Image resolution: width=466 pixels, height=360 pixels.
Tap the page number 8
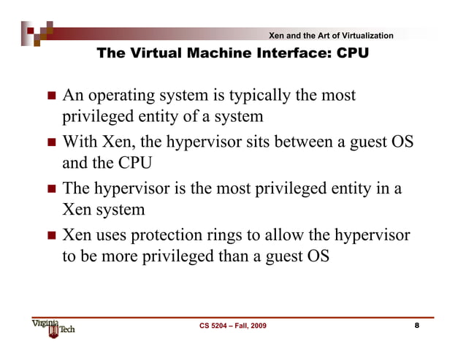[417, 326]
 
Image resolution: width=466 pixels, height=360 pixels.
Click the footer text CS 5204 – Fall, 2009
[233, 326]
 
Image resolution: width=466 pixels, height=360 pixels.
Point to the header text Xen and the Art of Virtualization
[331, 36]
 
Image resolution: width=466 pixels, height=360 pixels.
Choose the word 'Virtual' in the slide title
[151, 53]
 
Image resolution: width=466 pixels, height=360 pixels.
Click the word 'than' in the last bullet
[234, 256]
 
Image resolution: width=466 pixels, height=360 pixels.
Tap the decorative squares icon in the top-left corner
[37, 31]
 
